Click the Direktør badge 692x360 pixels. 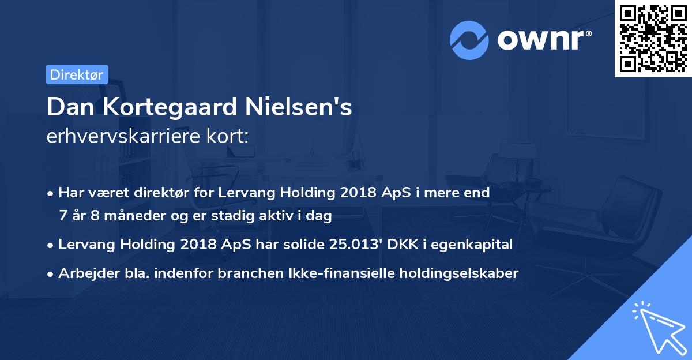pyautogui.click(x=77, y=74)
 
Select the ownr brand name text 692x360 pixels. pyautogui.click(x=545, y=40)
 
